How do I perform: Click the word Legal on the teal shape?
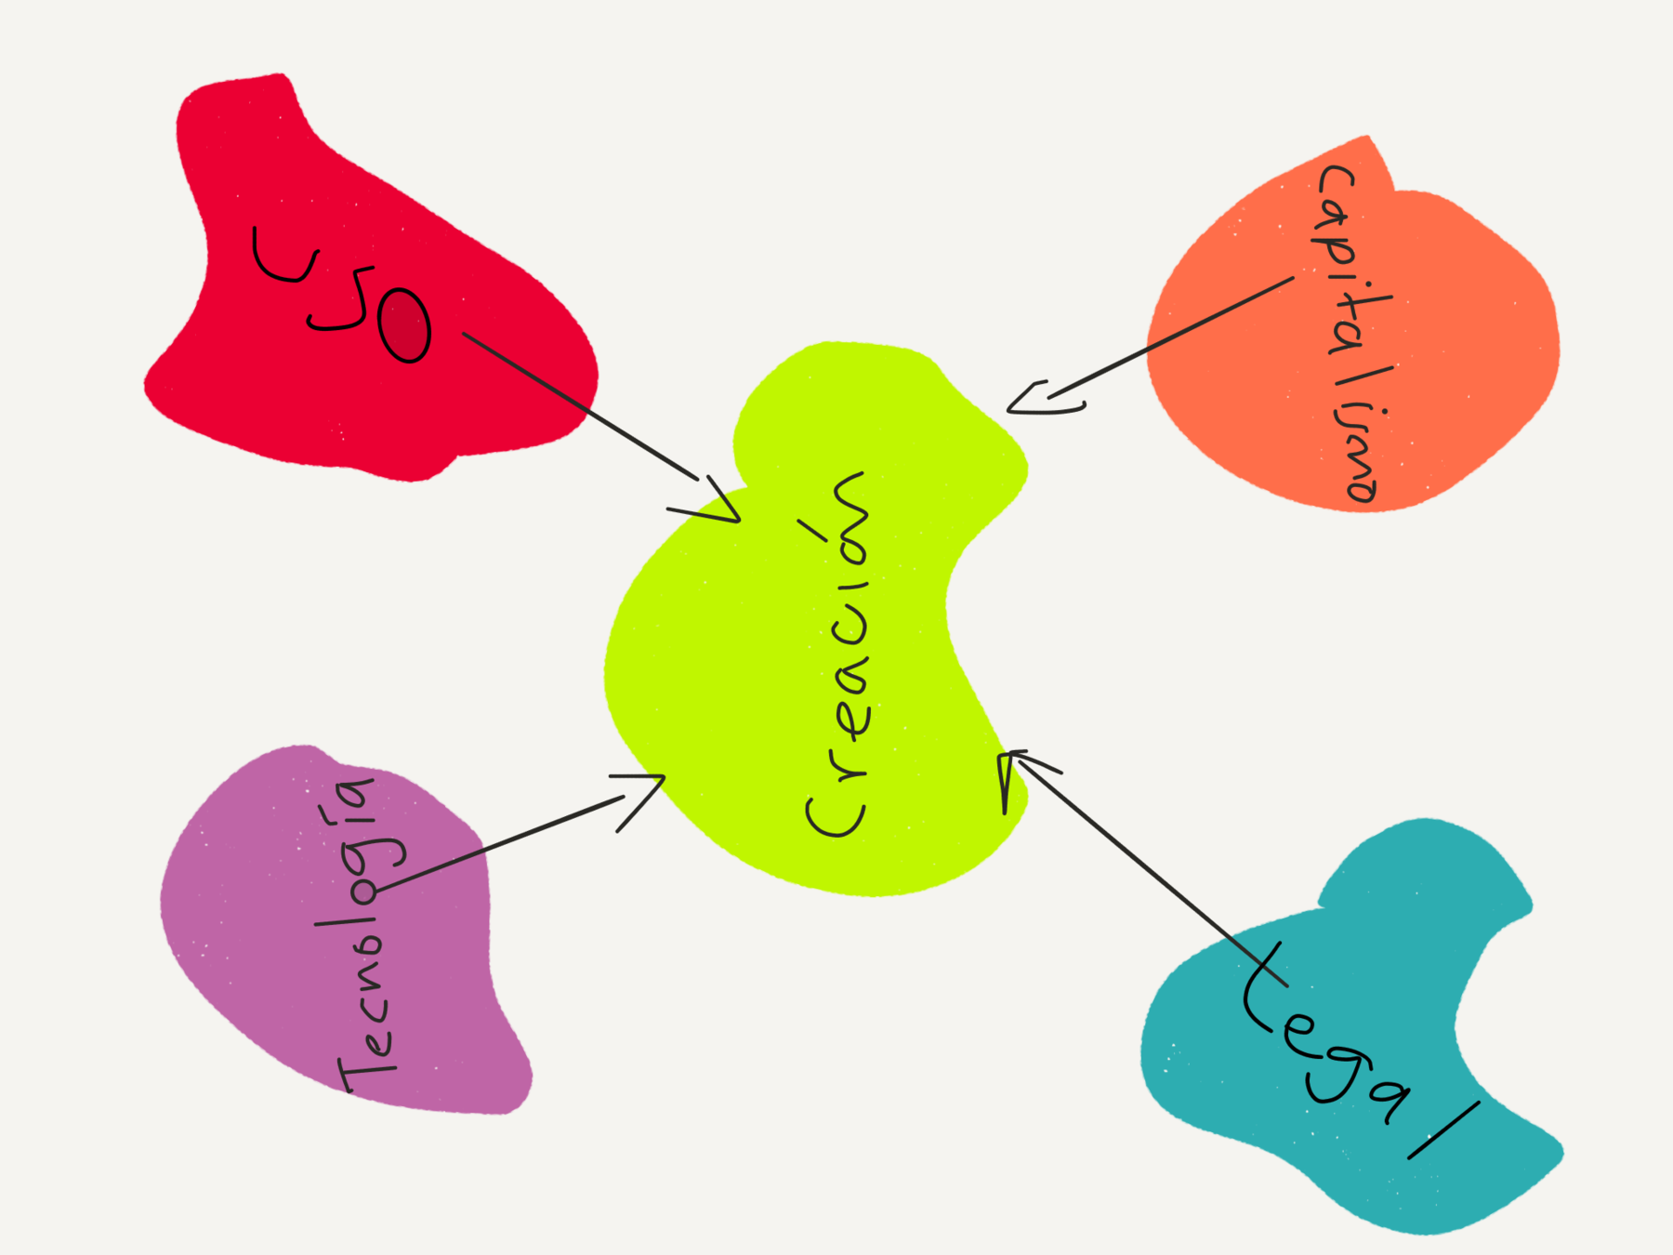click(x=1348, y=1050)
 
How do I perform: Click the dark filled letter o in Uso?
click(x=405, y=325)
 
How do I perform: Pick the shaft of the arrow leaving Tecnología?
click(x=502, y=841)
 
